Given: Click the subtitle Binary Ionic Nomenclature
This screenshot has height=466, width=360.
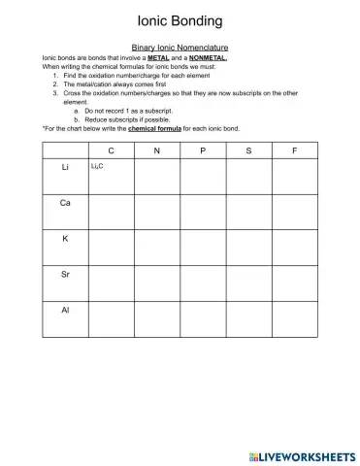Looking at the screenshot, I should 180,47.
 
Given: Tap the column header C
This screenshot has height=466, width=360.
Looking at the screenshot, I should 111,150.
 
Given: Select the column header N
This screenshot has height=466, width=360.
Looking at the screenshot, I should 156,150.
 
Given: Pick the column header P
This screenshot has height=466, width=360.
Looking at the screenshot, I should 203,150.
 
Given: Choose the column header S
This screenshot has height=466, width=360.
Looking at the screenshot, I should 248,150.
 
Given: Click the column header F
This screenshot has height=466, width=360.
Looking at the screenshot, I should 295,150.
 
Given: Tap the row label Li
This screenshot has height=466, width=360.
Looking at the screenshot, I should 64,168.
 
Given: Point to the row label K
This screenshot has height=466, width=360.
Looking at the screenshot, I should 64,239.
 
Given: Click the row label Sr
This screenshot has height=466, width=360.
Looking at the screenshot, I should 64,275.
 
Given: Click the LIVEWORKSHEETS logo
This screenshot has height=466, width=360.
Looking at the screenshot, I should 301,454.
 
